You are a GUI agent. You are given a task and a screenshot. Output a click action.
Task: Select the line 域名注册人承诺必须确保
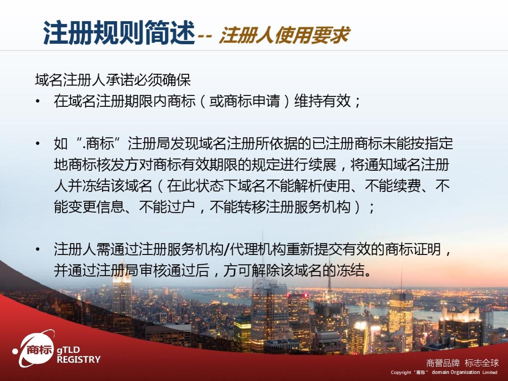coord(113,80)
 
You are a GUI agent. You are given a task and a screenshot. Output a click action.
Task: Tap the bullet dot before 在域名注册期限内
coord(38,102)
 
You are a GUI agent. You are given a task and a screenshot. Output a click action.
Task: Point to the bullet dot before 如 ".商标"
coord(38,144)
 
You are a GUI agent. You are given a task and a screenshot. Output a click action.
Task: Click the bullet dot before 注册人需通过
coord(38,249)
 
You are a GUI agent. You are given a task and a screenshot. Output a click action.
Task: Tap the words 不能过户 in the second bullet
coord(167,207)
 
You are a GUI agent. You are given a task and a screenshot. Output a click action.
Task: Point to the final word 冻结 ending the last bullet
coord(350,270)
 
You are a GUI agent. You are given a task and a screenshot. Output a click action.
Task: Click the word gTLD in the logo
coord(68,350)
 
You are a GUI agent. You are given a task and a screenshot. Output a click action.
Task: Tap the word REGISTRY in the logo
coord(79,359)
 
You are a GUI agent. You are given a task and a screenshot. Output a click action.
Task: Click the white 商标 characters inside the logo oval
coord(39,350)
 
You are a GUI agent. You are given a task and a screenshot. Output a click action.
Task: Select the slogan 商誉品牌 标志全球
coord(462,363)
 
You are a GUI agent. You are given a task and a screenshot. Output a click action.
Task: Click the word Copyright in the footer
coord(401,373)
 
